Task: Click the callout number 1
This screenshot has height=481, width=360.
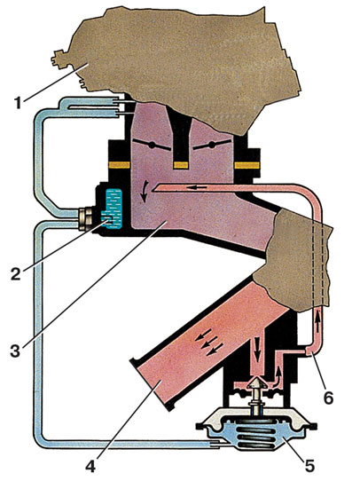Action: (x=19, y=103)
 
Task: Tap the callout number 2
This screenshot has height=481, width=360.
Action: (x=15, y=273)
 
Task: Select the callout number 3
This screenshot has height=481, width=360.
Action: (x=15, y=351)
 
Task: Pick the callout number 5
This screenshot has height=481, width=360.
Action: (x=309, y=466)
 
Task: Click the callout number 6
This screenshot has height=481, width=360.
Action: (x=328, y=398)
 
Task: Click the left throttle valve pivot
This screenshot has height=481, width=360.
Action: (x=152, y=146)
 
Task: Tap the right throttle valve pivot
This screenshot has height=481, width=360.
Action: (x=211, y=145)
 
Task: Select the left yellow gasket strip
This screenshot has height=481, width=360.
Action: (x=120, y=165)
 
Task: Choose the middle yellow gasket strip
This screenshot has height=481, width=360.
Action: (x=181, y=165)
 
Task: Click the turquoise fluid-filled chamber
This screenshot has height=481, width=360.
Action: (x=112, y=209)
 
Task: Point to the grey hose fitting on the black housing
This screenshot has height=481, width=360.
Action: (x=85, y=218)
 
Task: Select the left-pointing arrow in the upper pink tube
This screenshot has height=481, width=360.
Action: (x=195, y=187)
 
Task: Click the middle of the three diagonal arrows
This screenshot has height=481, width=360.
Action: (x=207, y=342)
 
